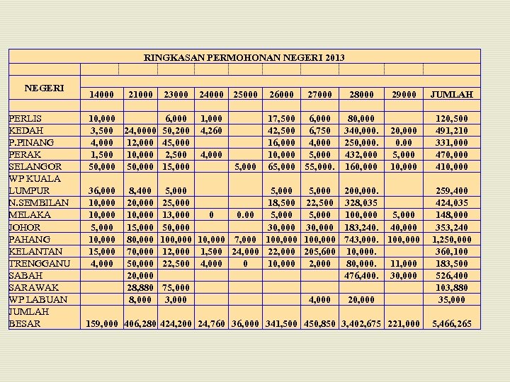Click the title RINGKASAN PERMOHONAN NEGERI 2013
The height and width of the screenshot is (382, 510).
244,57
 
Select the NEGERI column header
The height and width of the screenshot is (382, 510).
45,88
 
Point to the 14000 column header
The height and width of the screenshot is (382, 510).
101,94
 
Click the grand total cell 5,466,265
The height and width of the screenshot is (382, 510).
452,324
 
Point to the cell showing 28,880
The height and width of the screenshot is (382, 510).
139,288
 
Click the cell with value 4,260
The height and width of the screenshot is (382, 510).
211,131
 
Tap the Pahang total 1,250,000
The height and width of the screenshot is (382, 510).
450,240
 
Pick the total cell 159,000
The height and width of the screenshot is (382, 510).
101,324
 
